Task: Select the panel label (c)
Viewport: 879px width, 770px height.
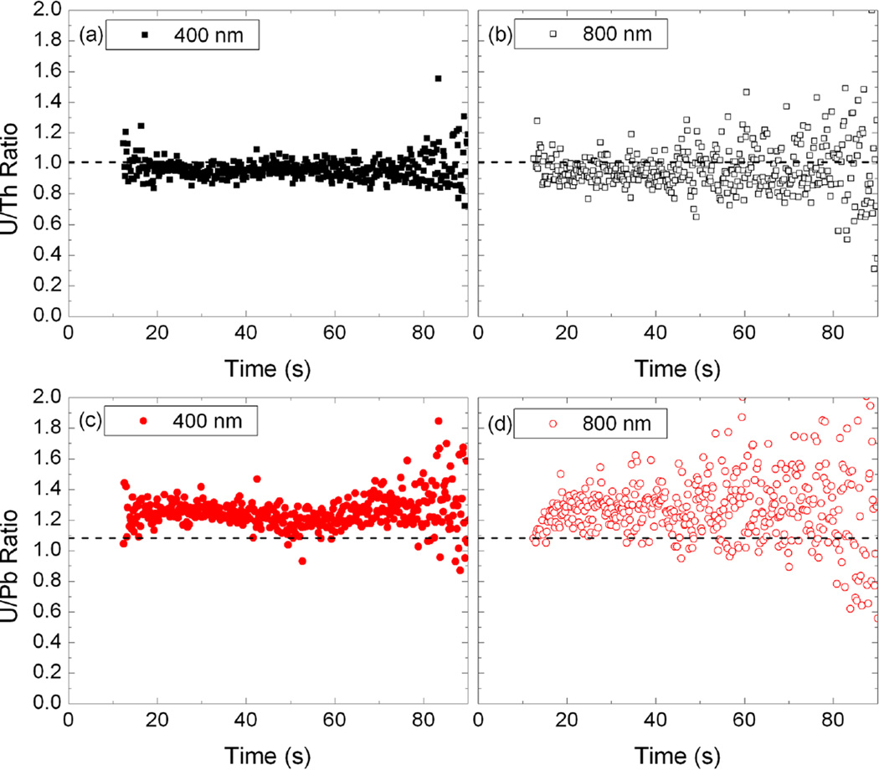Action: click(x=90, y=421)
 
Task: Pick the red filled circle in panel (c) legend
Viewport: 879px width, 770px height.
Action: click(x=142, y=421)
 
